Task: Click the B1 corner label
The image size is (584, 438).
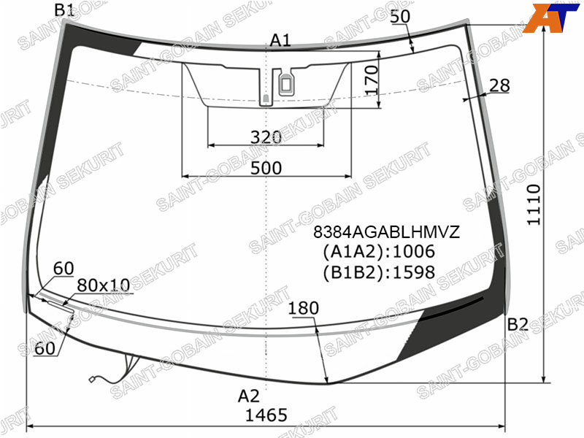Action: coord(64,10)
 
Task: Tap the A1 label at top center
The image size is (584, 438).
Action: coord(280,40)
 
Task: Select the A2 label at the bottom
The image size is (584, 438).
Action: coord(248,396)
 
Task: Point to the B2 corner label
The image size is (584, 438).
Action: coord(518,325)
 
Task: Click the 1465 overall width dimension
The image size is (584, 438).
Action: coord(266,415)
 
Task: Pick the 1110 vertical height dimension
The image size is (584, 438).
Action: coord(534,204)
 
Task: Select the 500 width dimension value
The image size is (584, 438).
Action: coord(266,168)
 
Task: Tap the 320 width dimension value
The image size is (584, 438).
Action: coord(266,137)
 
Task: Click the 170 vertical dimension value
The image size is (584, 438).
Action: coord(372,80)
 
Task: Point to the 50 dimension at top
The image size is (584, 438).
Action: coord(400,16)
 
